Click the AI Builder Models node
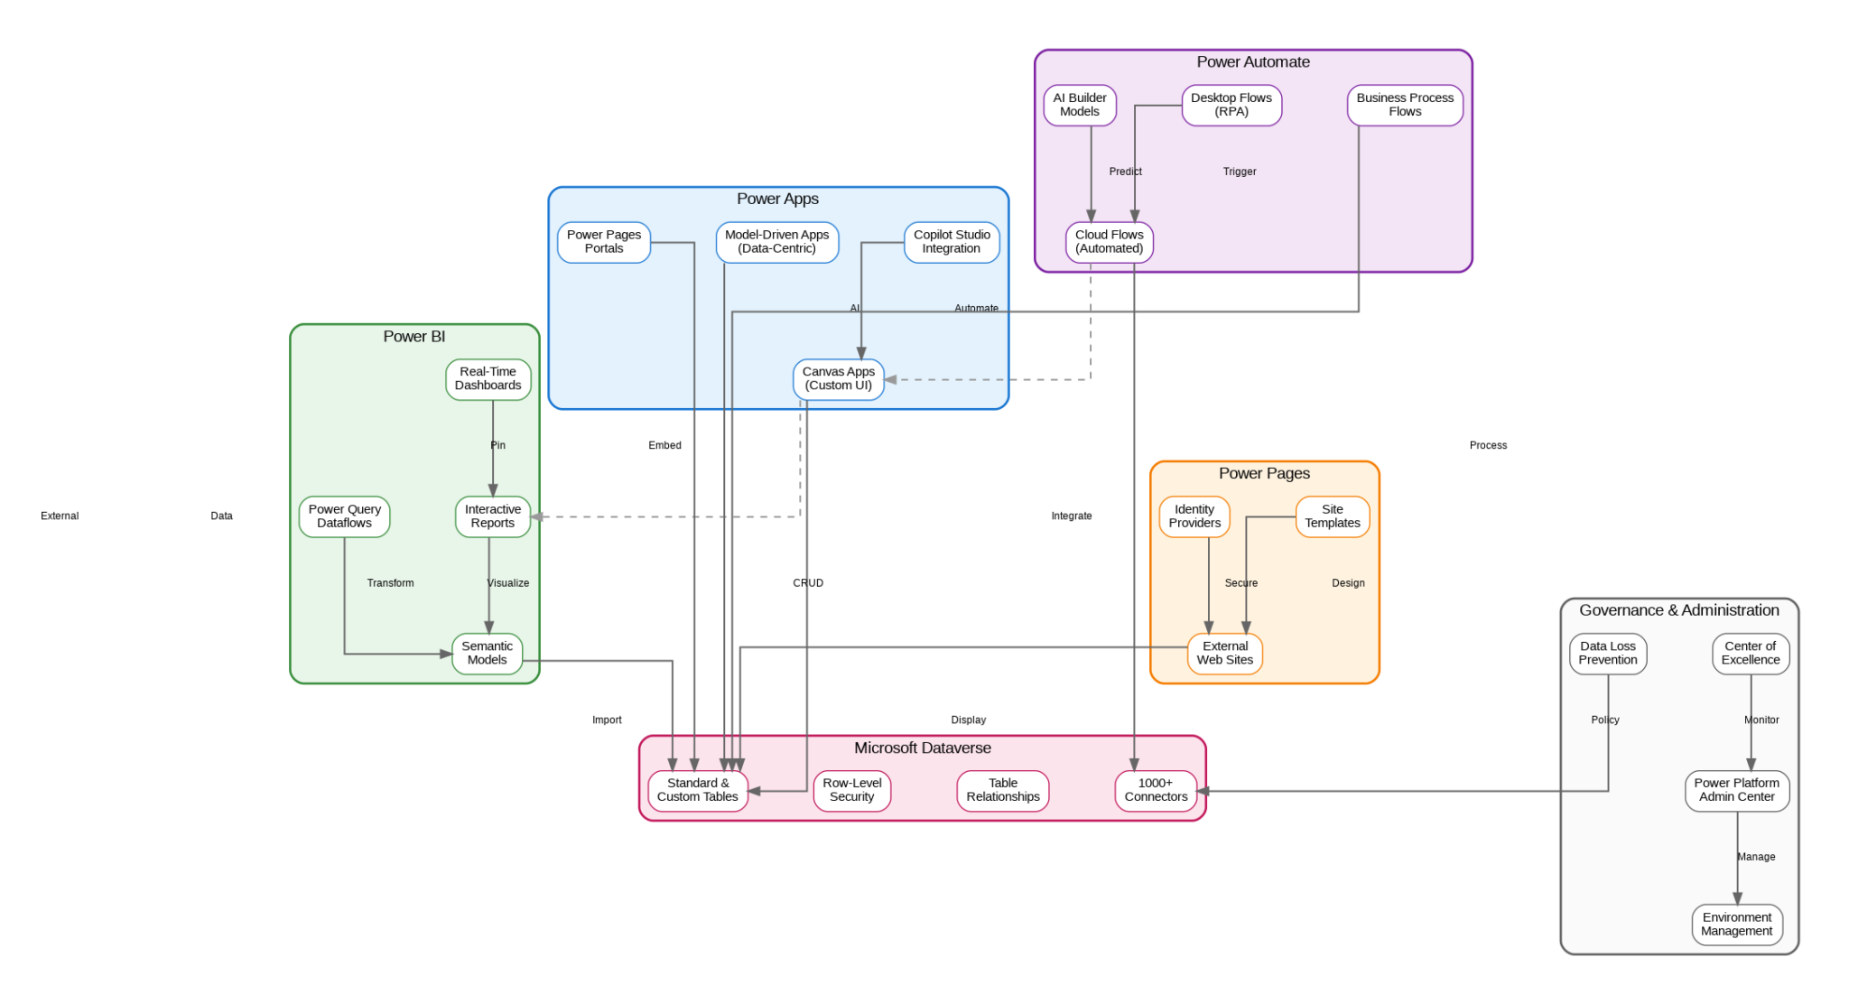pos(1080,105)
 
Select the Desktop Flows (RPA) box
pos(1231,105)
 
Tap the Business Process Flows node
pos(1405,105)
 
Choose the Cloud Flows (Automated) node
pos(1109,242)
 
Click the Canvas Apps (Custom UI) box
pos(838,379)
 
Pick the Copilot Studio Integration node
pos(952,242)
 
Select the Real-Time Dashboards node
pos(488,379)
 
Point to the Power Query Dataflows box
pos(344,516)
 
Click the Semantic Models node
pos(487,654)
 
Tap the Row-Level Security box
pos(851,791)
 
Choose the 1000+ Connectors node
pos(1156,791)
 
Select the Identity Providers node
pos(1194,516)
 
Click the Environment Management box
pos(1736,925)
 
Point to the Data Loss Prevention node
pos(1607,654)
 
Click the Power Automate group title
pos(1253,62)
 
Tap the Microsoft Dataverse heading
pos(922,748)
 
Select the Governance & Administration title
pos(1678,611)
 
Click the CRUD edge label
pos(808,583)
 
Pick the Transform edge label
pos(390,583)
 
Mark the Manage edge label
pos(1756,857)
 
